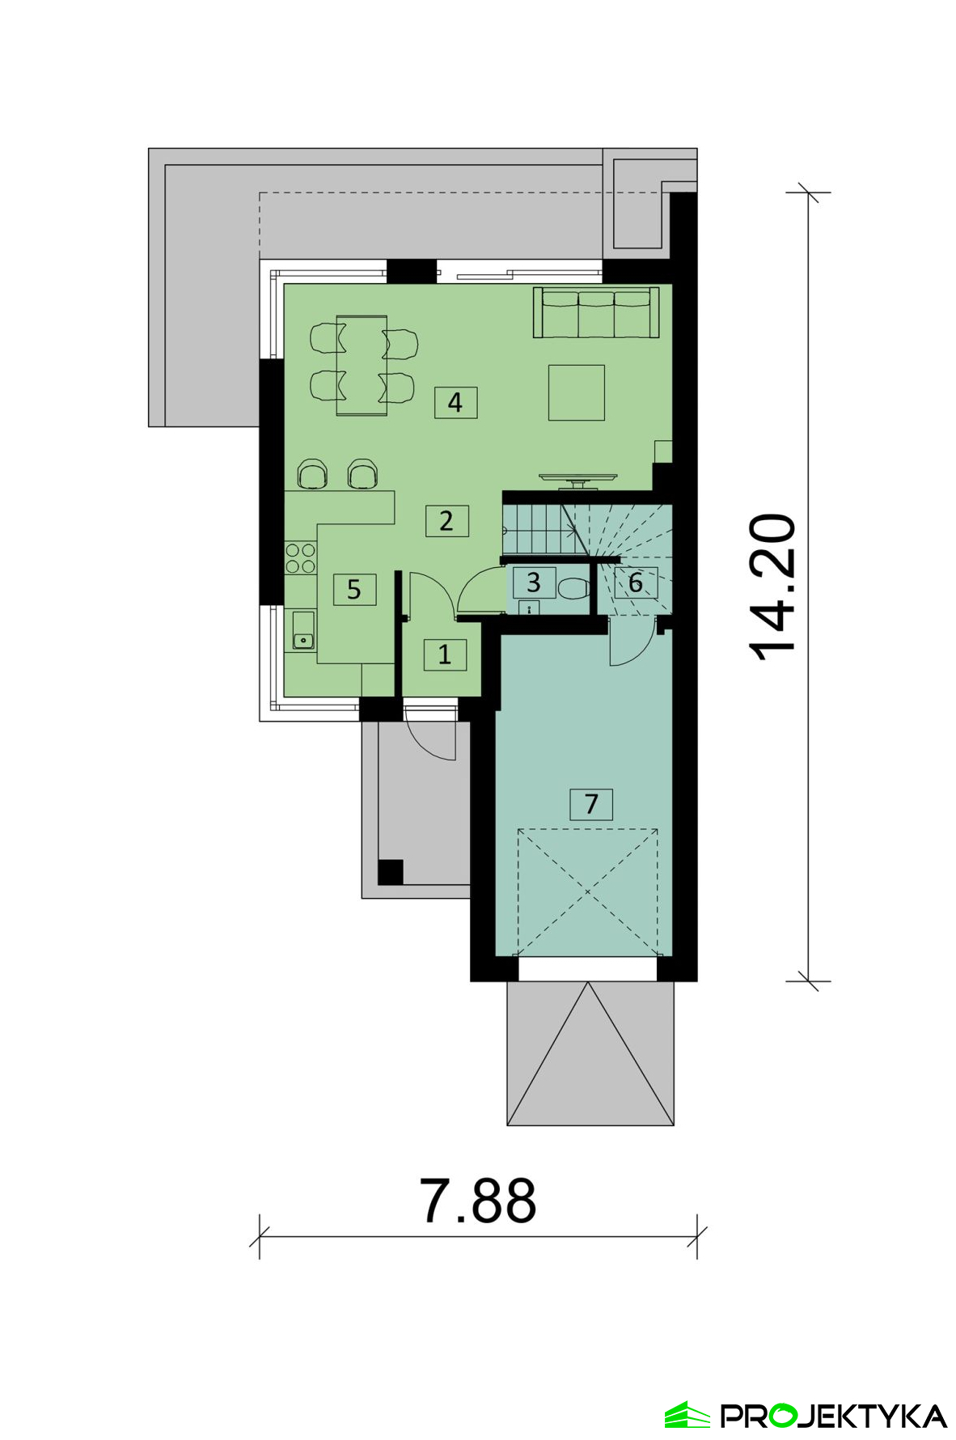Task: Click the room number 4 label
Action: [455, 402]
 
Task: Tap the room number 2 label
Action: [446, 520]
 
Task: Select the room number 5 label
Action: [354, 589]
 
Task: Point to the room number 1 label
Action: [445, 654]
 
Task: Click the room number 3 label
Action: [534, 582]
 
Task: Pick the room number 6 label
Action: [636, 582]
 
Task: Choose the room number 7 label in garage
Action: [591, 804]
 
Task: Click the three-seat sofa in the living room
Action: [596, 312]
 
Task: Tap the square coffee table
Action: [577, 392]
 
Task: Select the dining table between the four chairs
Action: [362, 365]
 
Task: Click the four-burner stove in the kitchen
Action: [300, 558]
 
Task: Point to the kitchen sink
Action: [303, 630]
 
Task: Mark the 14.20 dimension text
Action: [772, 587]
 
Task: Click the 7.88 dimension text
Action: [478, 1201]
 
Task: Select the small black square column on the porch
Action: [391, 872]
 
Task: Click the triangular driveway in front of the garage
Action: [590, 1052]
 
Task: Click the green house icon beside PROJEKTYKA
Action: [687, 1415]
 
